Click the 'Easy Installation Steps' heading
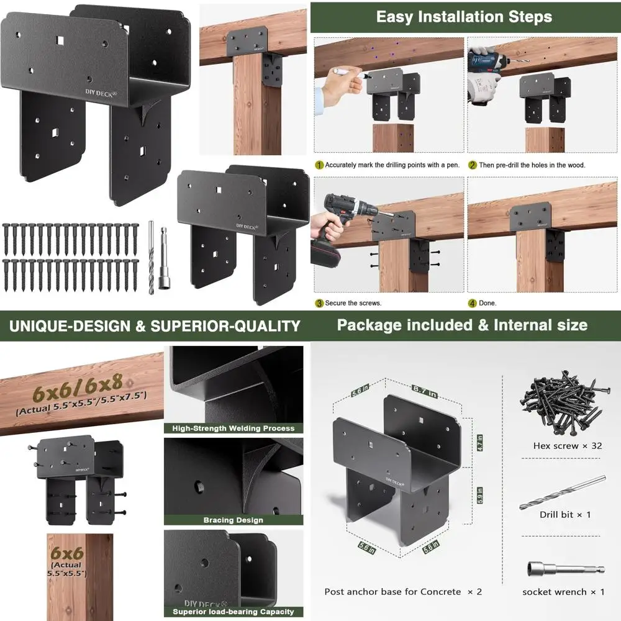tap(464, 17)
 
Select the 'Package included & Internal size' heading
tap(462, 325)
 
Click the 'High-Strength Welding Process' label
tap(229, 428)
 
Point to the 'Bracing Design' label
tap(233, 520)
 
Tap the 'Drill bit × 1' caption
tap(564, 514)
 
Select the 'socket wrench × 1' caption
tap(563, 592)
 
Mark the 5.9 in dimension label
tap(480, 497)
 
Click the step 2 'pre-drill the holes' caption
tap(532, 165)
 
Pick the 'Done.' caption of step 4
tap(487, 303)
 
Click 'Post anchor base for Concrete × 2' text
tap(403, 592)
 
